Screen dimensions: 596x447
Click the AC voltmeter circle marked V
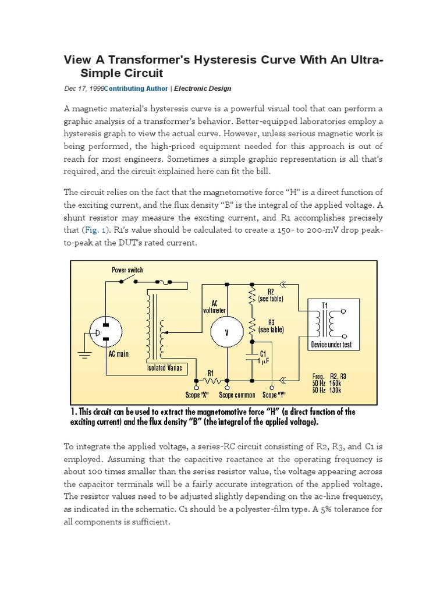pyautogui.click(x=227, y=332)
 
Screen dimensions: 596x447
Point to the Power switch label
pyautogui.click(x=127, y=270)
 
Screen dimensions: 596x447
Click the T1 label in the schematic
pyautogui.click(x=325, y=305)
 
